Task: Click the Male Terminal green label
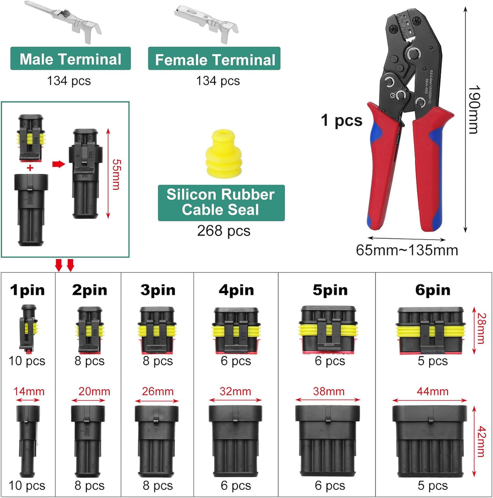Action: (x=70, y=59)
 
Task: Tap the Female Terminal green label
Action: (x=215, y=60)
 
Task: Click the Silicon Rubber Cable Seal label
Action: (x=220, y=202)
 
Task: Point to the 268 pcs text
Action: (x=224, y=231)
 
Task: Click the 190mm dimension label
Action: (x=475, y=110)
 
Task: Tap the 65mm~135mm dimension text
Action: (x=407, y=250)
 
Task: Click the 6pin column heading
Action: (x=433, y=290)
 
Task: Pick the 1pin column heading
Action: (x=28, y=290)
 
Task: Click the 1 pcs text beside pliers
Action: (x=341, y=121)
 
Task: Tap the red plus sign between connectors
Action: (x=30, y=168)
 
